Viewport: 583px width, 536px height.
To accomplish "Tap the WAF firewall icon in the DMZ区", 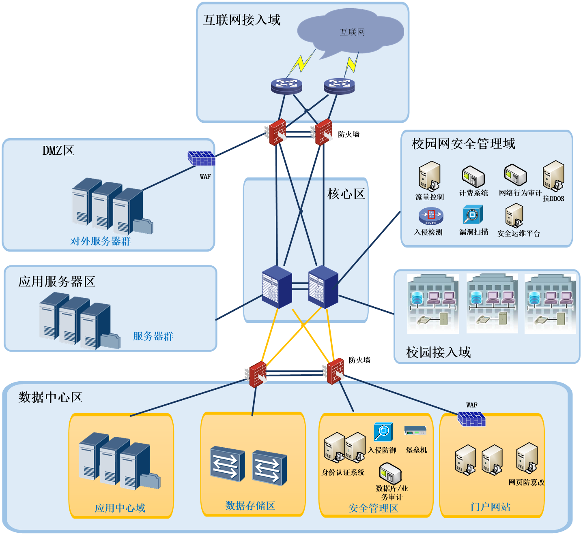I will [201, 158].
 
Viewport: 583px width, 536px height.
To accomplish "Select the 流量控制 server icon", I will [430, 176].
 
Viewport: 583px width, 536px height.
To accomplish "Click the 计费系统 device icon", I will [473, 177].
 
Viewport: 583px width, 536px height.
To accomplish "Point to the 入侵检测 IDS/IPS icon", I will [431, 216].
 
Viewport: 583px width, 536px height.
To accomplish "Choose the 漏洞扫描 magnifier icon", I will [473, 215].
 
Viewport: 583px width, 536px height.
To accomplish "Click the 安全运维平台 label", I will [518, 234].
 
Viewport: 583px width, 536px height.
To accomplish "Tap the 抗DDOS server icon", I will [553, 176].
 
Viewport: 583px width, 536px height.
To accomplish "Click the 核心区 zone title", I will [346, 194].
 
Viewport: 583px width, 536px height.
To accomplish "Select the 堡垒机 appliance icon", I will [415, 431].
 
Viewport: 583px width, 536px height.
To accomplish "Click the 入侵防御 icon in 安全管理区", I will [383, 432].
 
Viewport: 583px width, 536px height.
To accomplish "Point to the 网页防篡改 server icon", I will [527, 458].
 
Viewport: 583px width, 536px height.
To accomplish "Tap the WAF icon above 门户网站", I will [471, 419].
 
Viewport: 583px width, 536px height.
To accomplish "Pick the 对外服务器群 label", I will [101, 241].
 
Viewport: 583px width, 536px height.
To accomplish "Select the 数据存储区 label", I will [250, 506].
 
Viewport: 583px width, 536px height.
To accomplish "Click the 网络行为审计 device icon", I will [515, 175].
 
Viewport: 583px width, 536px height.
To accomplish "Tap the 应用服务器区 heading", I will [57, 282].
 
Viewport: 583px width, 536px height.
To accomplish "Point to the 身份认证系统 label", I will [343, 472].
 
